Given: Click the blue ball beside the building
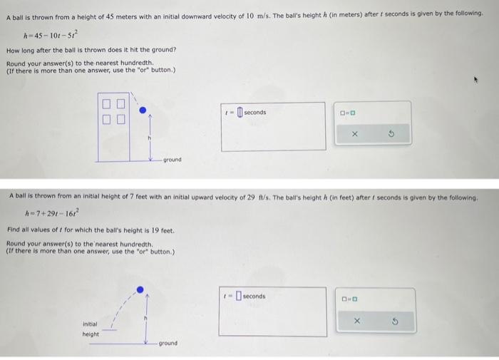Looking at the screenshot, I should [x=143, y=110].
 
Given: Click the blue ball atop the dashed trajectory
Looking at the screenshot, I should [x=140, y=290].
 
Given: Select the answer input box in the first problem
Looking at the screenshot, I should [x=240, y=113].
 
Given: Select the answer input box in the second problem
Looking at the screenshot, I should [x=239, y=297].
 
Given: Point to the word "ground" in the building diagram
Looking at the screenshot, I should [x=173, y=160].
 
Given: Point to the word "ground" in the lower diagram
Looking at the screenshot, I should [x=168, y=344].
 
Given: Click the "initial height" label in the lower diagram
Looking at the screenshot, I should [x=91, y=329].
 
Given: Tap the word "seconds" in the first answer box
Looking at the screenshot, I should [x=254, y=113].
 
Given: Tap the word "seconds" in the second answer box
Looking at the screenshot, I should [x=254, y=297].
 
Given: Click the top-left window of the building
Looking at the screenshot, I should [x=106, y=105].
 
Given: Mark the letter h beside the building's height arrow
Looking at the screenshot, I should [x=149, y=137].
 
